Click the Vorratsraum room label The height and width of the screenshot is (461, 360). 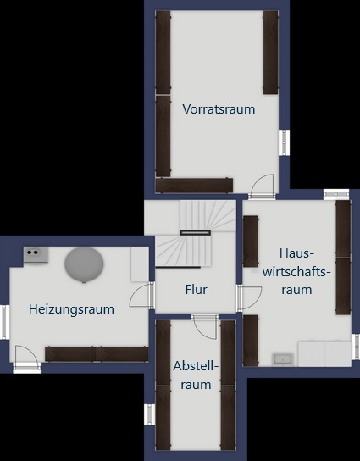[x=219, y=109]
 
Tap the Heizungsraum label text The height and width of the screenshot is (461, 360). [x=71, y=309]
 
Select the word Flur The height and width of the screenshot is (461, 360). [x=196, y=290]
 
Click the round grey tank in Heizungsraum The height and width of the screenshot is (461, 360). [x=85, y=264]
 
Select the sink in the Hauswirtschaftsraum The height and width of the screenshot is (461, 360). [x=282, y=358]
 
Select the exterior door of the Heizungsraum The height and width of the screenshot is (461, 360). [x=26, y=358]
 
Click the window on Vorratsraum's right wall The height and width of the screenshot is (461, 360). [x=285, y=142]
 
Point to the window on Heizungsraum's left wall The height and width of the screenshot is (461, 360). [x=4, y=321]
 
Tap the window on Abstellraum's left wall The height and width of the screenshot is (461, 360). [x=150, y=414]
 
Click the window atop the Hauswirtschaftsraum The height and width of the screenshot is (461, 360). [x=336, y=194]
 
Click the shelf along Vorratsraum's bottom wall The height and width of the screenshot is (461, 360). [x=194, y=185]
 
